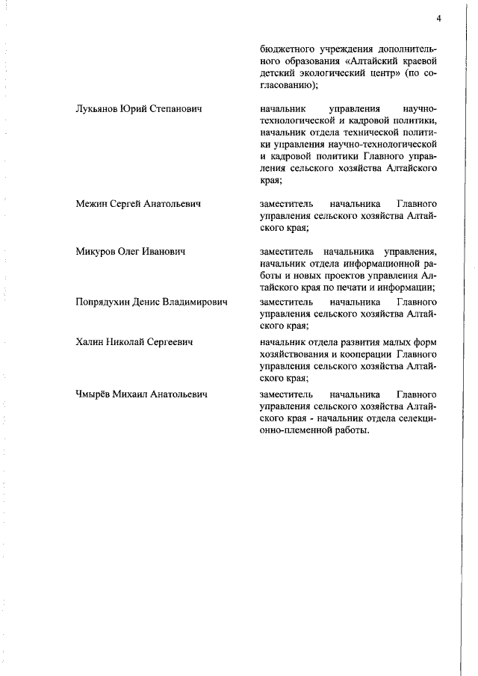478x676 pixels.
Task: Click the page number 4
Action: (441, 19)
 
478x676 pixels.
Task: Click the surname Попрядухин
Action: (109, 302)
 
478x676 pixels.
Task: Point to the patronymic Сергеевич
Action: (168, 342)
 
